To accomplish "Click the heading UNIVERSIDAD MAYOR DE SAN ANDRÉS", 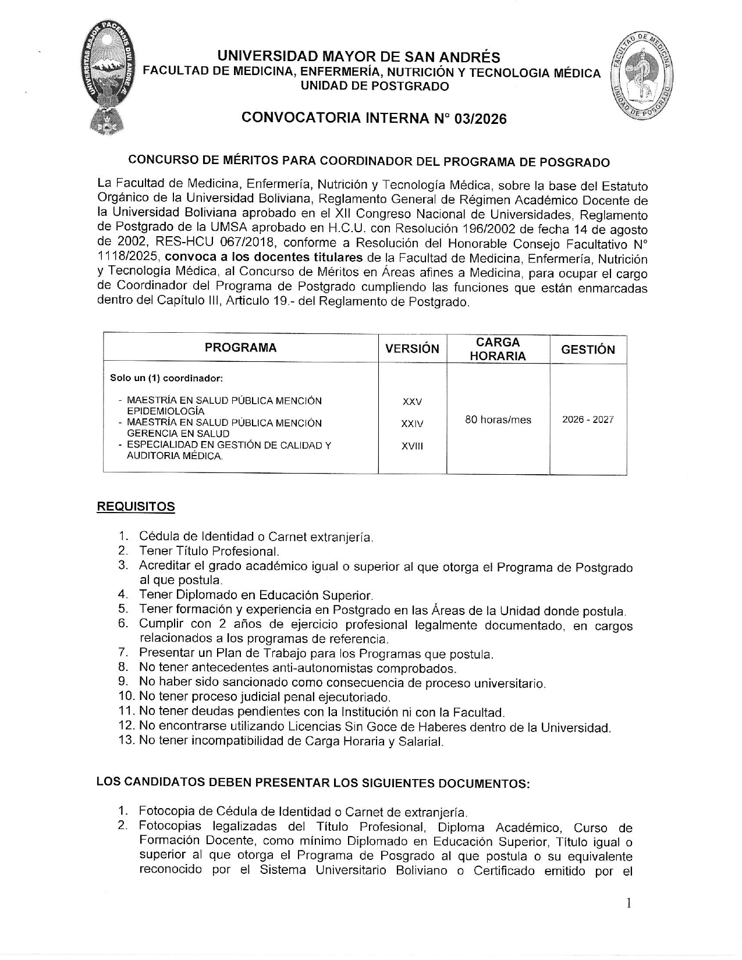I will point(358,57).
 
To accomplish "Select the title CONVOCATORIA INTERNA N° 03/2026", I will point(374,119).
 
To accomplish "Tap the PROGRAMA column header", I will point(240,348).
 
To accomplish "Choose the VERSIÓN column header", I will point(412,349).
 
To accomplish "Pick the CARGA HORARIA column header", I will point(498,349).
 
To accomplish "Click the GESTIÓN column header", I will point(588,350).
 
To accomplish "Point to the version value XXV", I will point(412,402).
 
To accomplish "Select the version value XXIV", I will point(412,424).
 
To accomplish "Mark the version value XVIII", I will point(412,446).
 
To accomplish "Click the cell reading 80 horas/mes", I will point(498,419).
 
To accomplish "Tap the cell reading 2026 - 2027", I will point(588,419).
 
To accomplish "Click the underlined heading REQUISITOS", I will point(136,506).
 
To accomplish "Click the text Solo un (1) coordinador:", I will point(166,378).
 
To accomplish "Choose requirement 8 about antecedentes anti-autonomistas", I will point(297,668).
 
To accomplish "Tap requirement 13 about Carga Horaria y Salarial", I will point(291,741).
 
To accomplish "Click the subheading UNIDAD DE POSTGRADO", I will point(374,87).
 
